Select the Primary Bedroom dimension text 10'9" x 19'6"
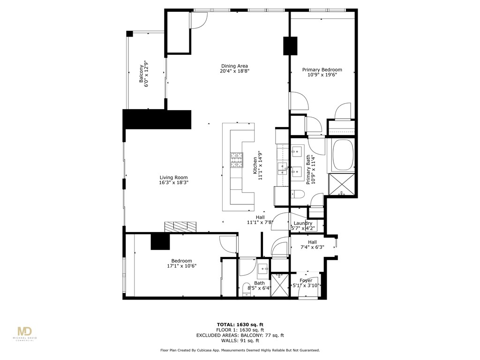[322, 75]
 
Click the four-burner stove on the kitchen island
[236, 160]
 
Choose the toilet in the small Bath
[247, 290]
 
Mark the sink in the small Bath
[262, 270]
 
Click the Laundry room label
[303, 224]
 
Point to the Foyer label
[306, 281]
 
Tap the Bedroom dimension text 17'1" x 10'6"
[181, 266]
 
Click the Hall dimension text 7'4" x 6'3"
[312, 247]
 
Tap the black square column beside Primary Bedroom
[290, 45]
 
